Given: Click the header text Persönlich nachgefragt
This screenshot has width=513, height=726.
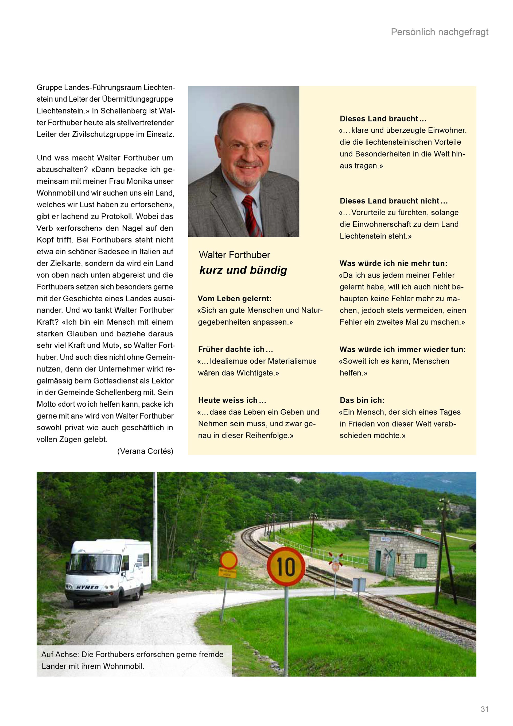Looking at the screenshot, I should (440, 32).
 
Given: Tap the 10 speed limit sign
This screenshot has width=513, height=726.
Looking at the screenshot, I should (286, 567).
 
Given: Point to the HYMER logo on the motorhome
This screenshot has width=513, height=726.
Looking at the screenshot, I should (87, 587).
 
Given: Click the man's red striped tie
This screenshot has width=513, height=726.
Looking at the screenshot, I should (252, 215).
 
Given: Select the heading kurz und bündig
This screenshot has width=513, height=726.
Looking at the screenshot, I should (243, 270).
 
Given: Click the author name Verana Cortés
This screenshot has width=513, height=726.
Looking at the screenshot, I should (145, 451).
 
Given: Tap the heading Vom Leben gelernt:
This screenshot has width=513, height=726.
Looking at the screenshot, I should (234, 298).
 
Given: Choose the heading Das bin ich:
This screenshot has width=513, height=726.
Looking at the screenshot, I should (362, 400).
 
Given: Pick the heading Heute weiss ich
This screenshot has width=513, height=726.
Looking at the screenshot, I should (232, 400).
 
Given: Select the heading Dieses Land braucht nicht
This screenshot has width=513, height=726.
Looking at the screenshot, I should (394, 201).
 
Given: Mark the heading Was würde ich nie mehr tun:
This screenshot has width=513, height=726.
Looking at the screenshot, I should (393, 263).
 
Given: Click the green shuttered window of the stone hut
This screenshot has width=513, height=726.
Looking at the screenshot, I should (421, 561).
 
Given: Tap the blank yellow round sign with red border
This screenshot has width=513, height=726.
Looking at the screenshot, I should (229, 560).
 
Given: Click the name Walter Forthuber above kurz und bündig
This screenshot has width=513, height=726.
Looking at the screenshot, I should (234, 255).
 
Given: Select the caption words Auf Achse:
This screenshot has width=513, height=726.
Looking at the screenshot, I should (60, 654).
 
